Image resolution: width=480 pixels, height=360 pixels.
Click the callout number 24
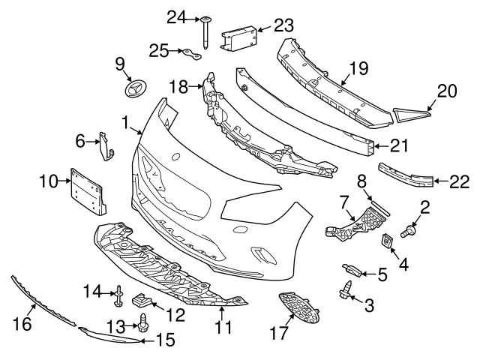(175, 16)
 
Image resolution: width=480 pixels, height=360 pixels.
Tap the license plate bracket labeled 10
(88, 190)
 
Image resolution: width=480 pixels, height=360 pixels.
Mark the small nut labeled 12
(142, 301)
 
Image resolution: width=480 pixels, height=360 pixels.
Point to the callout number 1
(125, 121)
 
